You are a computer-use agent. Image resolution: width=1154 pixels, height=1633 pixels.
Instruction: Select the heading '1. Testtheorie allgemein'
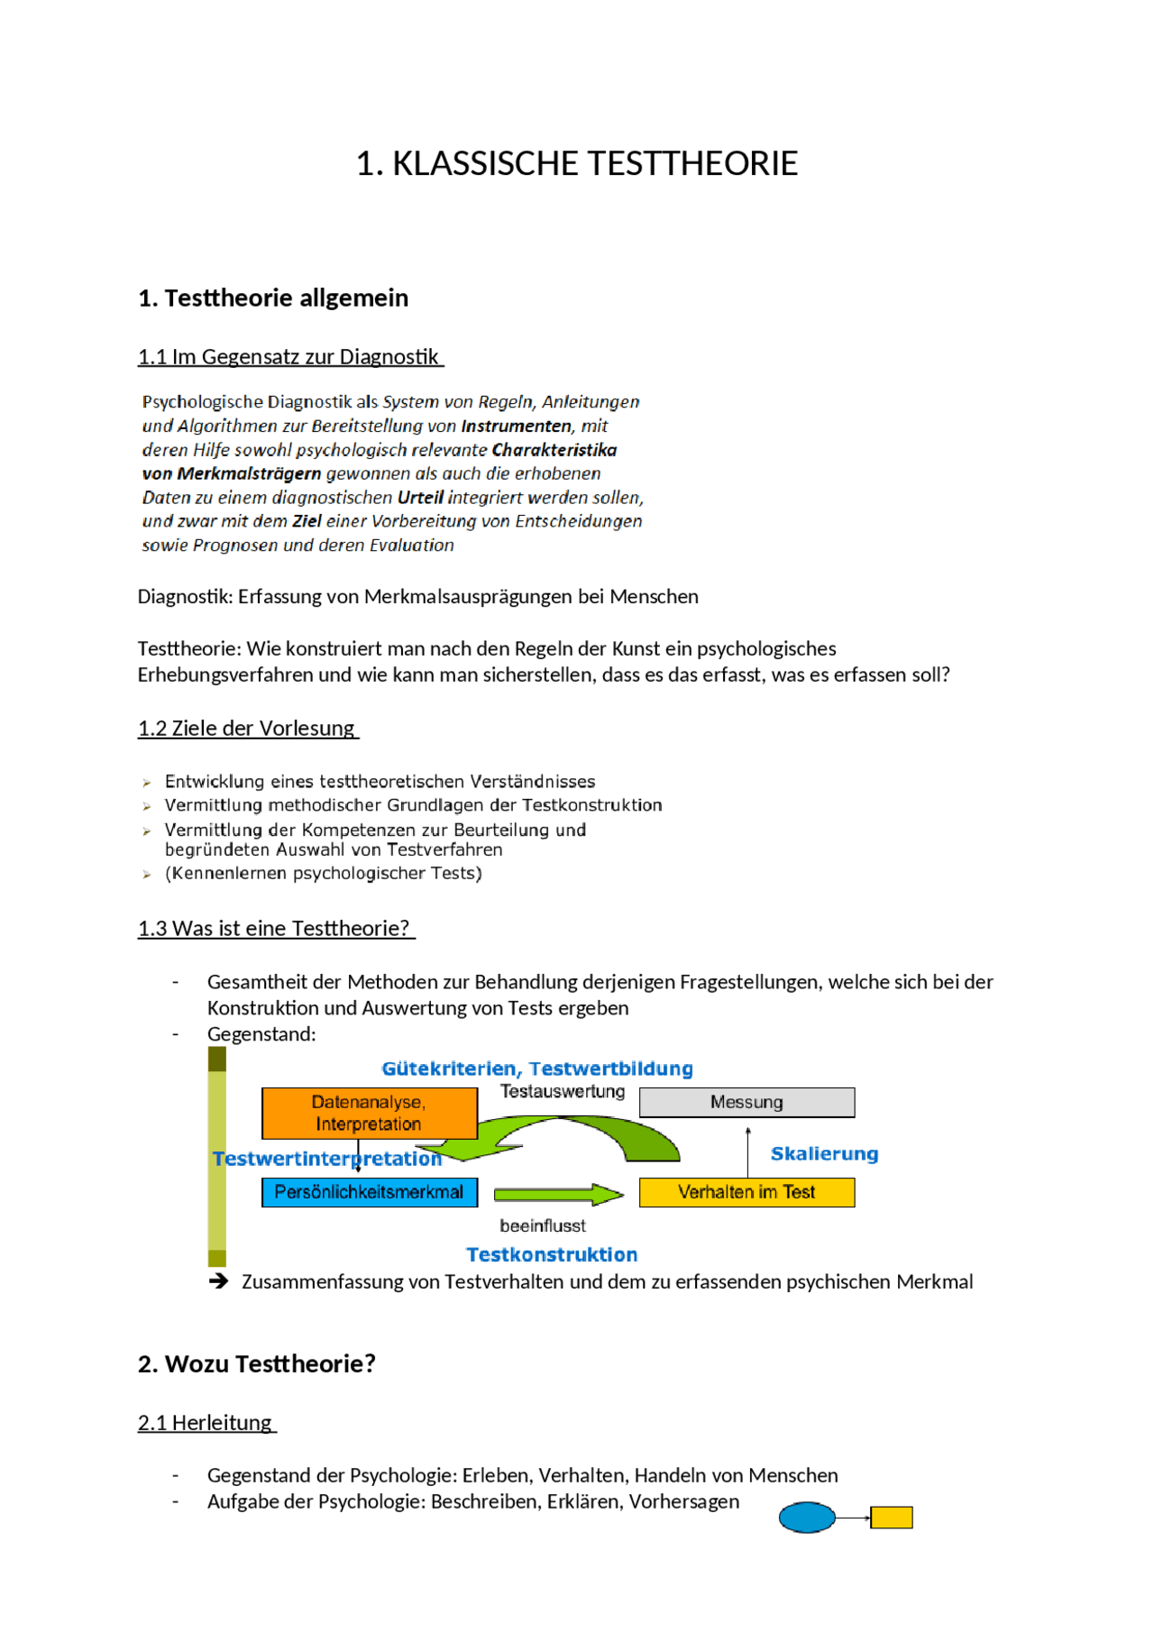273,298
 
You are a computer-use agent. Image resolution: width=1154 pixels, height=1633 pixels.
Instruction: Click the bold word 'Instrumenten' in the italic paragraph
516,426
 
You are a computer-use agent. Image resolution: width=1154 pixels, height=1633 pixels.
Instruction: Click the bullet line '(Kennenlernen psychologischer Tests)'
323,873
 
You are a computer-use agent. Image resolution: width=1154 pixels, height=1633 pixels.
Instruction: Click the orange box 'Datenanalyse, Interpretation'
369,1113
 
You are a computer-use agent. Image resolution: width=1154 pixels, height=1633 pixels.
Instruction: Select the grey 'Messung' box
746,1102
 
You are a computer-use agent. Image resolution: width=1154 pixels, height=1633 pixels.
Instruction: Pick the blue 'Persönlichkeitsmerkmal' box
369,1192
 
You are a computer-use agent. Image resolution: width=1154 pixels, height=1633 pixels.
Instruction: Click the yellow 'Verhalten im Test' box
746,1192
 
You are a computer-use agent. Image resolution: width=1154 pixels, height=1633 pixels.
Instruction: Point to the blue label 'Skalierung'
824,1154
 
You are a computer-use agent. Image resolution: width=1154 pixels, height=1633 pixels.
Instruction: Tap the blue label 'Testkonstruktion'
552,1255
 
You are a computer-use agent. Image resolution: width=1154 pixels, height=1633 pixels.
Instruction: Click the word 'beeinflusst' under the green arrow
542,1225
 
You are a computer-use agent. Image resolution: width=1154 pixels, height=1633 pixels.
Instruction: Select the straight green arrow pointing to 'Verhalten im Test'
558,1195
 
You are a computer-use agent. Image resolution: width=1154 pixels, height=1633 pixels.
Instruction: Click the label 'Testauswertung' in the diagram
563,1092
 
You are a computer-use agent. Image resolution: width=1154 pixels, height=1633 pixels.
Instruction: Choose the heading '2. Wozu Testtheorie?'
257,1364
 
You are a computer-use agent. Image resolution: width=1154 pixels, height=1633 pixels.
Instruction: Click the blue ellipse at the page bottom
806,1518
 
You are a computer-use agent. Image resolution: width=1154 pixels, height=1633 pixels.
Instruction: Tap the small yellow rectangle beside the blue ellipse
892,1518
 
